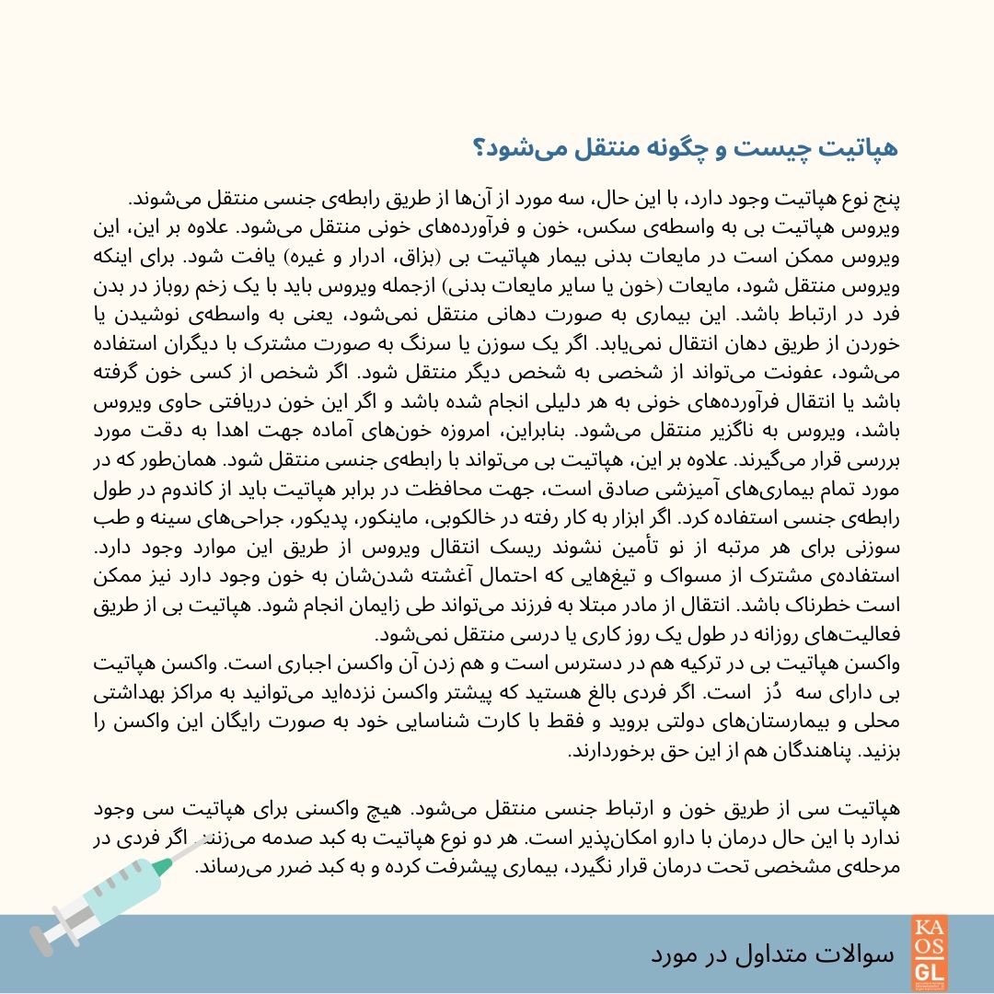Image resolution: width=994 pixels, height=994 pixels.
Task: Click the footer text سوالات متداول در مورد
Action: coord(772,954)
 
